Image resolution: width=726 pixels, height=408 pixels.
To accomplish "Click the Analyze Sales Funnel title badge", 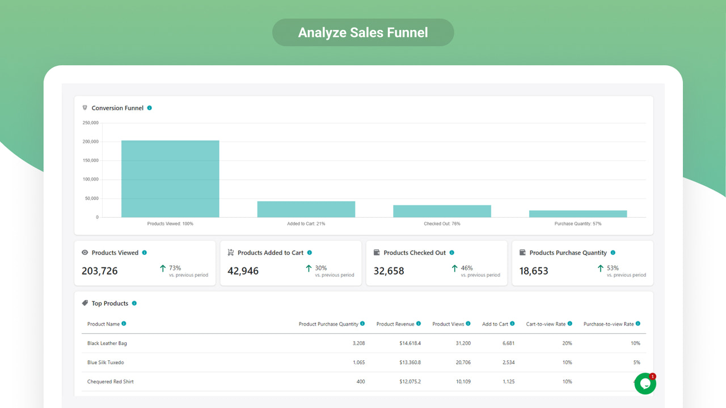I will pos(363,32).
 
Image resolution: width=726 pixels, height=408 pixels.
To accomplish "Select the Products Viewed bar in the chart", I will pos(170,178).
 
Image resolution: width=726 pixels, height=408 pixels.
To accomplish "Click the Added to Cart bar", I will pos(306,209).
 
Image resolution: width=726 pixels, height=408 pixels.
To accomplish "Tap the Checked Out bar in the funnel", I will pos(442,211).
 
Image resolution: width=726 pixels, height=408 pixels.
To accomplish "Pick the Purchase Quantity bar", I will pos(578,214).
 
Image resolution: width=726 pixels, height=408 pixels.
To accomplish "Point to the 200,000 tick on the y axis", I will pos(90,142).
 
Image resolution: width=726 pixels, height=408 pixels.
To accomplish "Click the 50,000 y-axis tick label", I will pos(91,198).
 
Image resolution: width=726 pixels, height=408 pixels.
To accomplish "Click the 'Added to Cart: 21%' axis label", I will pos(306,224).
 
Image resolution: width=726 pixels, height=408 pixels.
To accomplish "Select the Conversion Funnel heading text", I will pos(117,108).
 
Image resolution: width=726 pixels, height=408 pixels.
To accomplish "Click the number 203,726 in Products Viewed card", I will pos(100,271).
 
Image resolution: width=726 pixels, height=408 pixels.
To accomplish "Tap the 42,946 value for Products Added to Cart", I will pos(243,271).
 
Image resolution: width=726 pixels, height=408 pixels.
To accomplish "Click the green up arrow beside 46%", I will pos(454,269).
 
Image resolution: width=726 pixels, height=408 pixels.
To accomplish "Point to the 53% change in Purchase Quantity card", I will pos(613,268).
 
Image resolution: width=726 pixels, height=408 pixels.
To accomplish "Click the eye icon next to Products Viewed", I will pos(85,253).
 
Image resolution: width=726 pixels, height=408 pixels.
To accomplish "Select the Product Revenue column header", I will pos(395,324).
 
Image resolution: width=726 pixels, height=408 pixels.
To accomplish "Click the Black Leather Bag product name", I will pos(107,343).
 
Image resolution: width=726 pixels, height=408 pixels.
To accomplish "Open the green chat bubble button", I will pos(645,384).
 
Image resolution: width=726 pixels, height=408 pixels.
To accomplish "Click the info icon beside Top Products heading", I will pos(134,303).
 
